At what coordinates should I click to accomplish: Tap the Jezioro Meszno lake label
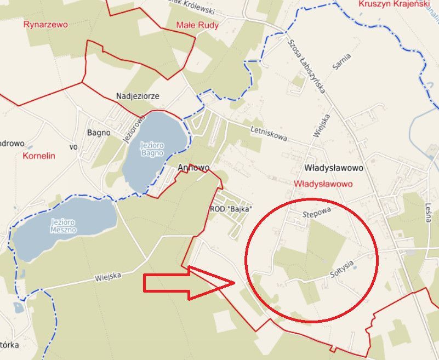point(64,226)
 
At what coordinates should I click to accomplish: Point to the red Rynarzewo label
point(45,25)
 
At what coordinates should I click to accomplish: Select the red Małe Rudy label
point(197,25)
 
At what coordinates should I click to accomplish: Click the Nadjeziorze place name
point(138,96)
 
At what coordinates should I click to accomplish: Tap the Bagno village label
point(99,133)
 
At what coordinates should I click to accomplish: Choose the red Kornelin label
point(39,156)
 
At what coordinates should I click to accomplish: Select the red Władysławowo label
point(323,184)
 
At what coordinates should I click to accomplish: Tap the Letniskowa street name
point(269,134)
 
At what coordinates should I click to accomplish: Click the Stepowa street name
point(317,214)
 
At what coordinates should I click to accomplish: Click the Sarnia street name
point(341,61)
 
